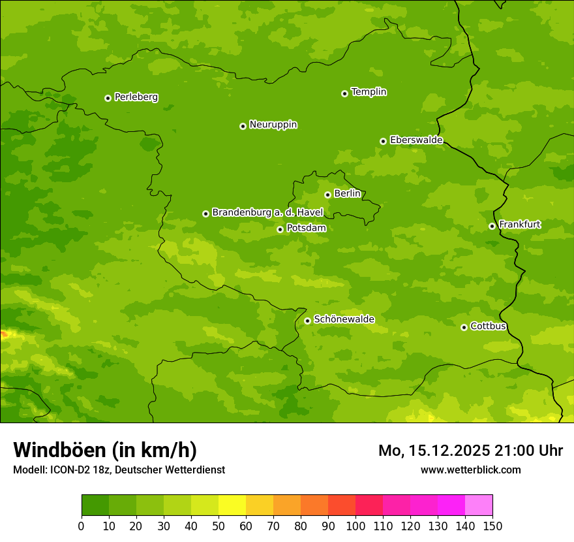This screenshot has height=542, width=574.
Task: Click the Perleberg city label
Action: pyautogui.click(x=136, y=97)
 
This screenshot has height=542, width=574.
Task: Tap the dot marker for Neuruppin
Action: pyautogui.click(x=243, y=126)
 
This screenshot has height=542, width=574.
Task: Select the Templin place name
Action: pyautogui.click(x=369, y=92)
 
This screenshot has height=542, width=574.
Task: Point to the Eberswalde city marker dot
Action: pyautogui.click(x=383, y=141)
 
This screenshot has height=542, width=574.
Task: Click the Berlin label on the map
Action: pyautogui.click(x=347, y=194)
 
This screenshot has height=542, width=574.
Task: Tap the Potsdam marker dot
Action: pyautogui.click(x=280, y=229)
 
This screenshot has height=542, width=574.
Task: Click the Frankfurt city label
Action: pyautogui.click(x=519, y=225)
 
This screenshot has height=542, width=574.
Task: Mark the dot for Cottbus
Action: pyautogui.click(x=464, y=327)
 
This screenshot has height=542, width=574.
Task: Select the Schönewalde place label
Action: pyautogui.click(x=344, y=319)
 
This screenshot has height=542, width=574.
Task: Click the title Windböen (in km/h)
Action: pyautogui.click(x=104, y=450)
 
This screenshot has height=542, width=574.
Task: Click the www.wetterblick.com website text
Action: pyautogui.click(x=470, y=470)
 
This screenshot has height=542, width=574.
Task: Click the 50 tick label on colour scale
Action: pyautogui.click(x=219, y=526)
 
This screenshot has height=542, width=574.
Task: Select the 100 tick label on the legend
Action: pyautogui.click(x=355, y=526)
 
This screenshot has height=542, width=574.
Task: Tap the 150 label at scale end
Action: pyautogui.click(x=492, y=526)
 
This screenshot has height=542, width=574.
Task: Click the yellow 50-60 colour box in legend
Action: pyautogui.click(x=232, y=505)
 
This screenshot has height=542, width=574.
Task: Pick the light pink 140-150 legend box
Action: pyautogui.click(x=479, y=505)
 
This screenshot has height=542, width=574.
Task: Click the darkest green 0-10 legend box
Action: pyautogui.click(x=95, y=505)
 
